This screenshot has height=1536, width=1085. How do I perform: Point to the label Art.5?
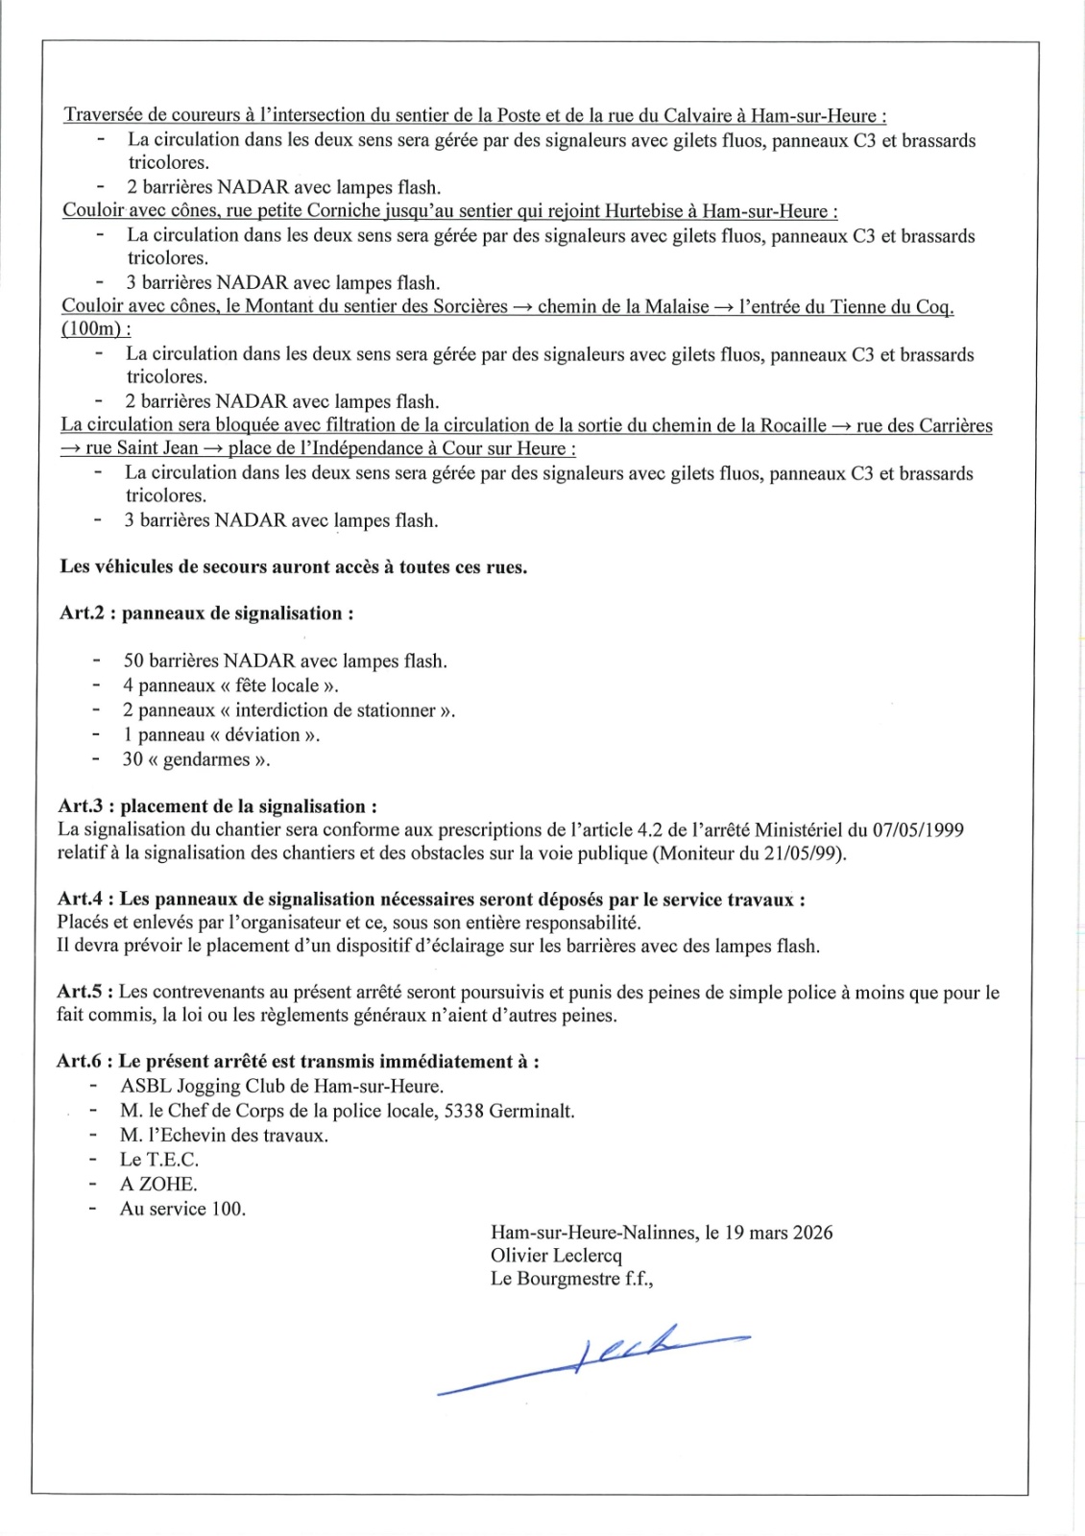(82, 992)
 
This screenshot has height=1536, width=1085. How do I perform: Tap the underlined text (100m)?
(92, 329)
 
